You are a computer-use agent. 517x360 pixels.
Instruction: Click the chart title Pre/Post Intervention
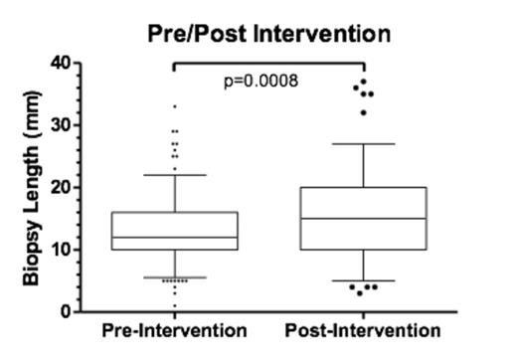268,33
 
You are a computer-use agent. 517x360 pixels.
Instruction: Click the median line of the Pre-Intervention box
175,237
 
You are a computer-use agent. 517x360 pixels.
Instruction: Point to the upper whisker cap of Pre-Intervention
175,175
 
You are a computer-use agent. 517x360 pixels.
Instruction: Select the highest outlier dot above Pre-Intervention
175,106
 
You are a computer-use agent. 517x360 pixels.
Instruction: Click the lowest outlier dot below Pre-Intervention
175,293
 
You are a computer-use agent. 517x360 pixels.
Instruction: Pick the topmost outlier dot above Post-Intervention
364,82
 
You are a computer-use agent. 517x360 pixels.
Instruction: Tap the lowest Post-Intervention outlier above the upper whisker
363,112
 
